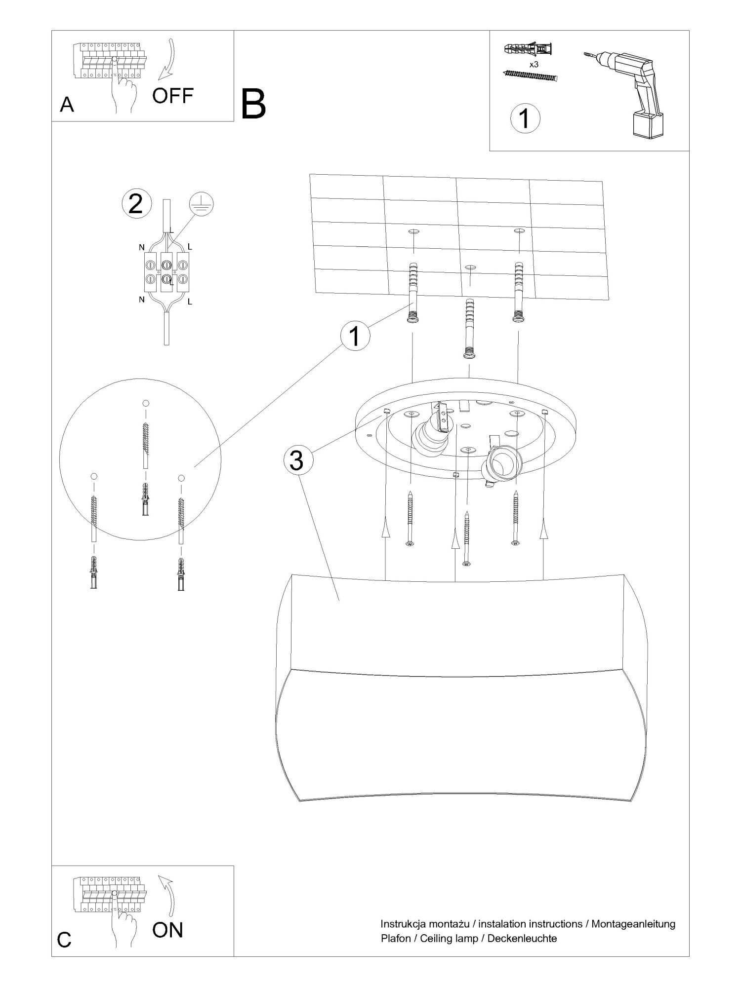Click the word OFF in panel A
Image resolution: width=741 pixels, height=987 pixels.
pos(172,96)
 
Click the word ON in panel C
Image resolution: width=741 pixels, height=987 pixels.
pos(167,930)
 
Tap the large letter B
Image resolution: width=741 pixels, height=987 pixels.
pos(254,104)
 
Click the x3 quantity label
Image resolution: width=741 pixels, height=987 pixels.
pos(534,64)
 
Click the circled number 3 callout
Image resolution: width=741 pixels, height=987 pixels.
pos(296,461)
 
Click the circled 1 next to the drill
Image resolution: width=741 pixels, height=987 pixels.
pos(525,118)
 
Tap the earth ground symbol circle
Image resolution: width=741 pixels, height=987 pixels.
pos(202,206)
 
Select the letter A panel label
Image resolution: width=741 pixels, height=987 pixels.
pos(67,105)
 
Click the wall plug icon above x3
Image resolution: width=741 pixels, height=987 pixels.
pos(529,50)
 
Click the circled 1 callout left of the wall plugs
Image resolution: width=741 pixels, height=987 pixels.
pos(355,337)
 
